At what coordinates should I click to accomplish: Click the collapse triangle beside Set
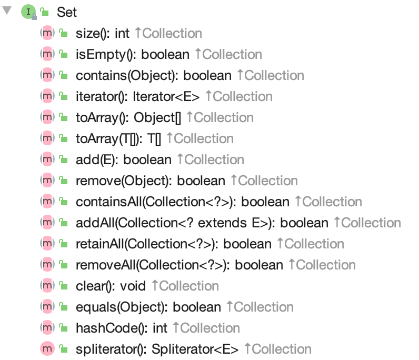tap(7, 11)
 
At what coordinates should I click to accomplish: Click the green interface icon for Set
tap(27, 12)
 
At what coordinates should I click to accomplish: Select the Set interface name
tap(67, 12)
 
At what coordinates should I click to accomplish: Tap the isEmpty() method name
tap(105, 55)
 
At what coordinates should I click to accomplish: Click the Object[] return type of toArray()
tap(157, 118)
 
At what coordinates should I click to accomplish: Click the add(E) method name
tap(96, 160)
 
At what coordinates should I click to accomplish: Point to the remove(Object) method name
tap(123, 181)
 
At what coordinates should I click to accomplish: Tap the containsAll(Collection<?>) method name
tap(155, 202)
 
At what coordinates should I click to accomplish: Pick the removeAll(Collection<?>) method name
tap(152, 265)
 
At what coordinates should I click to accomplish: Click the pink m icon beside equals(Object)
tap(47, 307)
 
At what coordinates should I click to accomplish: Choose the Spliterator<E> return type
tap(195, 349)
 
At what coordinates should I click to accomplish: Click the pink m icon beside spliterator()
tap(47, 349)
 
